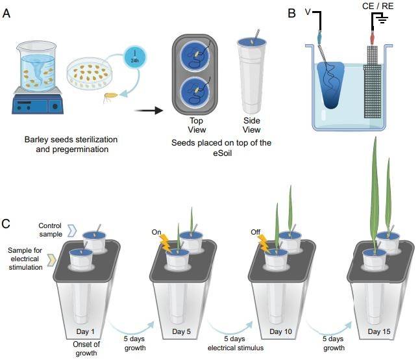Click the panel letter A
(6, 12)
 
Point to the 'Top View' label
(196, 124)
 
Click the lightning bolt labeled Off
(264, 242)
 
